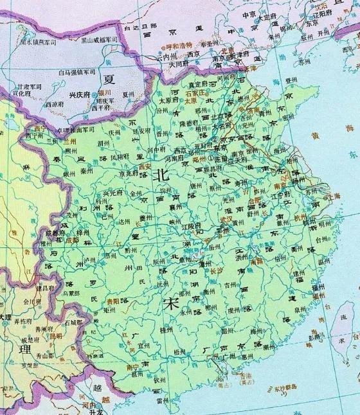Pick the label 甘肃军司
coord(32,85)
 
